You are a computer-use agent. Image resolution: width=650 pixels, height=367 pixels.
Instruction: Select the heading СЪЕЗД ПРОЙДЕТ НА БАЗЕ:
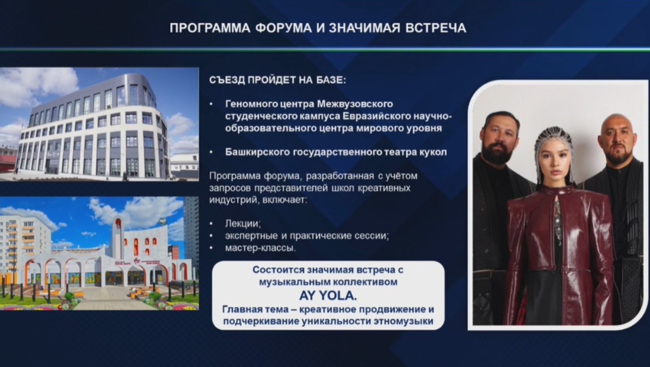[x=277, y=80]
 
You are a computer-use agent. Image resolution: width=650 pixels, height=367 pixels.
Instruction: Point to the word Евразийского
[x=377, y=116]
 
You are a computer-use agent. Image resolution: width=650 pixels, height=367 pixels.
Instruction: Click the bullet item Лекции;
[x=243, y=224]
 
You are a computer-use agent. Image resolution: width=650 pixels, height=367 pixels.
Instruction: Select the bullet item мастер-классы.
[x=260, y=248]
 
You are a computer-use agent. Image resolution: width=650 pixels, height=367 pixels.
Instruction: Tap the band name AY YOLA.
[x=328, y=295]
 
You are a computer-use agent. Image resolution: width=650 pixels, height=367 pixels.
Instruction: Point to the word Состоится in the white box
[x=278, y=270]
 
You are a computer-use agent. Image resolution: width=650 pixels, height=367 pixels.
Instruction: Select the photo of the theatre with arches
[x=97, y=254]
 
